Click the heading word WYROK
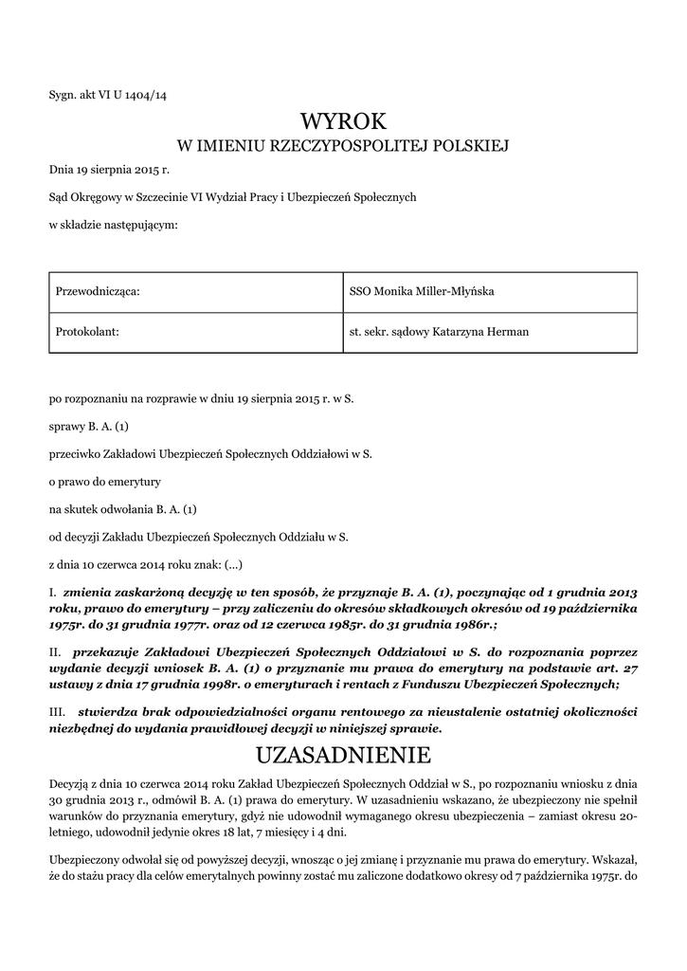[x=344, y=120]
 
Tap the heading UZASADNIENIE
[x=344, y=755]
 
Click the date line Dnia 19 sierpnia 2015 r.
[x=108, y=171]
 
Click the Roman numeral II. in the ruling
[x=55, y=653]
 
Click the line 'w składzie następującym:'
[x=113, y=224]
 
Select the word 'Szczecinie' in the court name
[x=157, y=197]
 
